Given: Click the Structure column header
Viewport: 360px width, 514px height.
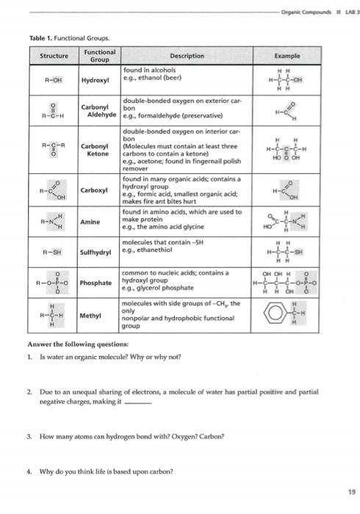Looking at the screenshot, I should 54,56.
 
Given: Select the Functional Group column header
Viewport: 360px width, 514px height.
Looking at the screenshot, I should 99,56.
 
